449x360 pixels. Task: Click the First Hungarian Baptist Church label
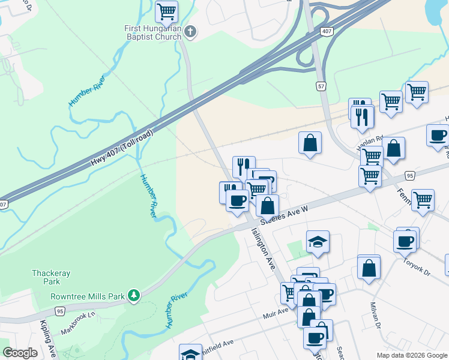(x=152, y=32)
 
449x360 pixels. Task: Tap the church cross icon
(x=190, y=32)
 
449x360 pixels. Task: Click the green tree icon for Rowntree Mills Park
(x=135, y=296)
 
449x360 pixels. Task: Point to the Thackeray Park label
(x=51, y=277)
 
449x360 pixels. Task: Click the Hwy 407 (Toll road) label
(x=121, y=148)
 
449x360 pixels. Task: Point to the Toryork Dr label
(x=417, y=263)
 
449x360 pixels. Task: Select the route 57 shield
(x=322, y=86)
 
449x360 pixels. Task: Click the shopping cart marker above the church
(x=166, y=11)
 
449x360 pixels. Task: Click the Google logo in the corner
(x=20, y=353)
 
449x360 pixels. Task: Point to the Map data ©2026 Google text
(x=412, y=355)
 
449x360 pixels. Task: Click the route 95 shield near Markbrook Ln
(x=59, y=311)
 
